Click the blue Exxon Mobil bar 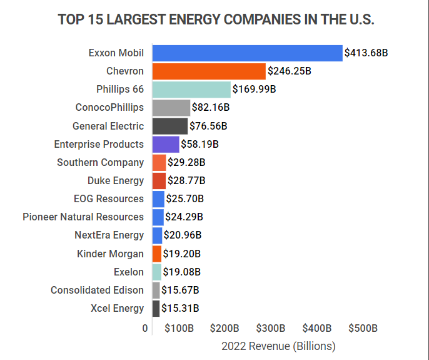coord(247,53)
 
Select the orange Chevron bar coord(209,71)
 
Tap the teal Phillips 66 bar coord(191,90)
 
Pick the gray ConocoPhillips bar coord(171,108)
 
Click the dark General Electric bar coord(169,126)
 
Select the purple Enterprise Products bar coord(166,144)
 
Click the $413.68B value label coord(366,53)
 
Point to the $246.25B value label coord(290,71)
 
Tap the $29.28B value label coord(187,163)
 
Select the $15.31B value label coord(180,308)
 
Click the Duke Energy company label coord(116,181)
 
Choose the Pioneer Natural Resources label coord(83,217)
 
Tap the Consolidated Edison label coord(97,290)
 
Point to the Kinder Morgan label coord(110,254)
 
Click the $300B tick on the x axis coord(270,328)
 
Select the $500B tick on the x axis coord(363,328)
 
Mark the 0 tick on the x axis coord(145,328)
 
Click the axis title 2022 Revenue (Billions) coord(278,346)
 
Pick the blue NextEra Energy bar coord(157,235)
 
